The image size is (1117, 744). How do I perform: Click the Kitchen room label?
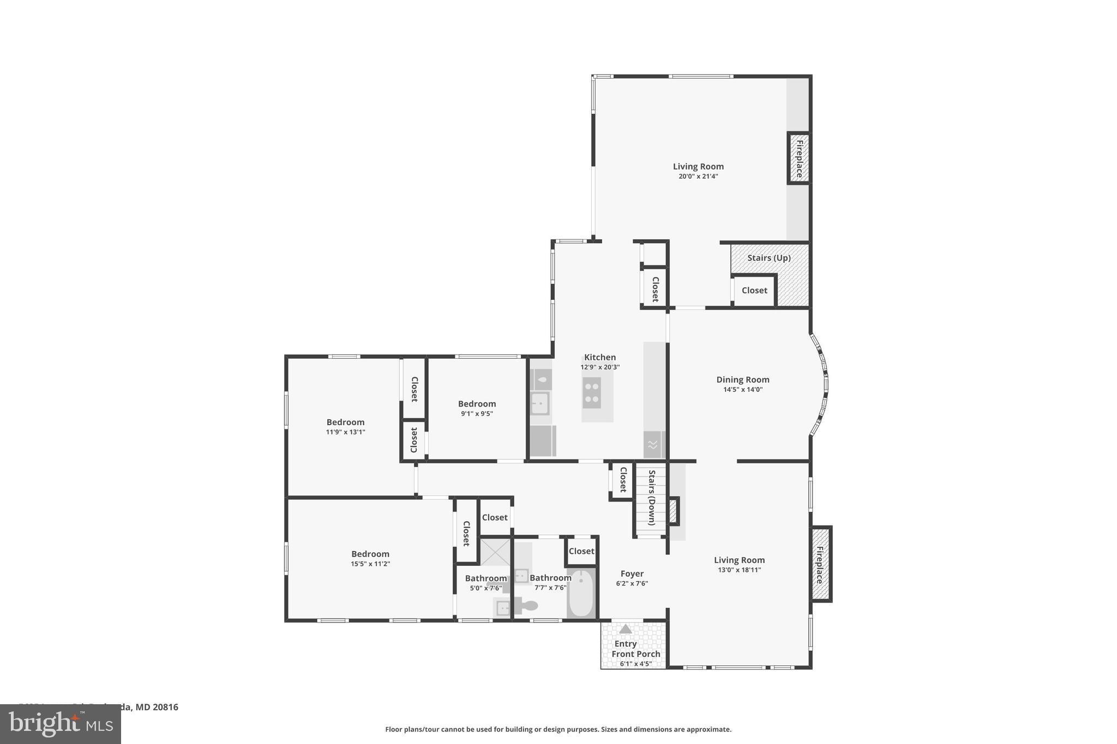click(600, 358)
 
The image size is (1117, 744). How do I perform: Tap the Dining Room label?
click(742, 380)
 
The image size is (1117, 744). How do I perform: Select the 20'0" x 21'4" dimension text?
click(698, 177)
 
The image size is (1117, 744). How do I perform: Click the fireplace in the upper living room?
click(798, 159)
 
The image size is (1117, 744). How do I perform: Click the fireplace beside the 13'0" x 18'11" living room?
click(820, 564)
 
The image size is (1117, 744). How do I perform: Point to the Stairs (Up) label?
click(768, 258)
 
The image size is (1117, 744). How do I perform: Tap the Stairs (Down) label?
click(651, 497)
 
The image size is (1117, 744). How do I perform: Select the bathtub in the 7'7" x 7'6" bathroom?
click(581, 594)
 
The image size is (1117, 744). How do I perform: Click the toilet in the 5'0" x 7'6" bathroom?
click(526, 605)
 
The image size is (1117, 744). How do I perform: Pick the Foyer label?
click(632, 574)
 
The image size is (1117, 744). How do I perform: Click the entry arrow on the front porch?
click(626, 629)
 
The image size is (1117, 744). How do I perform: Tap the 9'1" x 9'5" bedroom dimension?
click(477, 414)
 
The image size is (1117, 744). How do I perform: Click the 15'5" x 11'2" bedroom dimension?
click(370, 564)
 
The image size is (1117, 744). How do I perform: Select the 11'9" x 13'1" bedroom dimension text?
click(345, 432)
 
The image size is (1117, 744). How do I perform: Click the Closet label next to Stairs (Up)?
click(754, 291)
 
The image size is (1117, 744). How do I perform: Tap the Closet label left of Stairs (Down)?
click(623, 479)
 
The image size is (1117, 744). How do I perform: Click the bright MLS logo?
click(60, 724)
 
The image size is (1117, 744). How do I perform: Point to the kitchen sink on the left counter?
click(540, 404)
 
